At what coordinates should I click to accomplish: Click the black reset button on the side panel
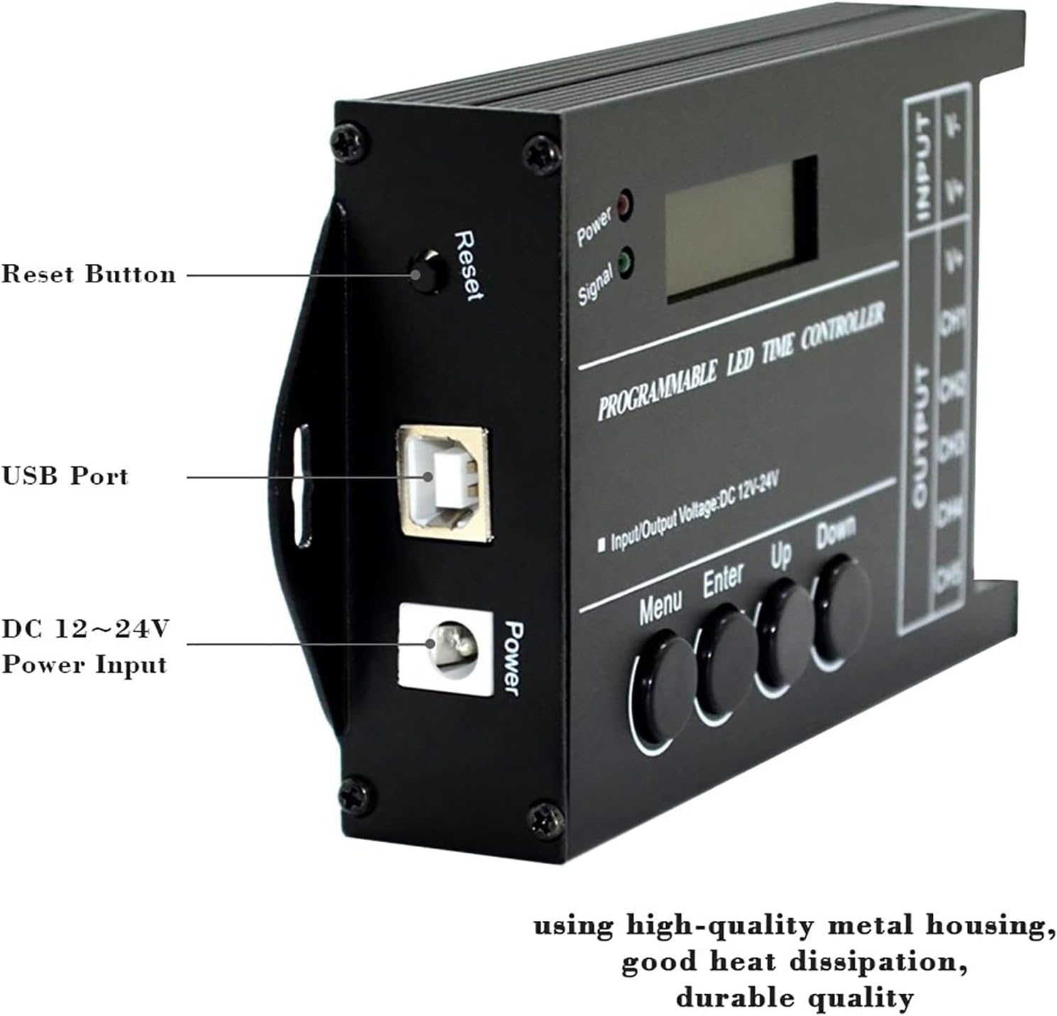click(428, 273)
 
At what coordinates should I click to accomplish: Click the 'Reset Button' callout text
click(88, 275)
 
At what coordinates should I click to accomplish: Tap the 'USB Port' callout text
click(65, 476)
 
